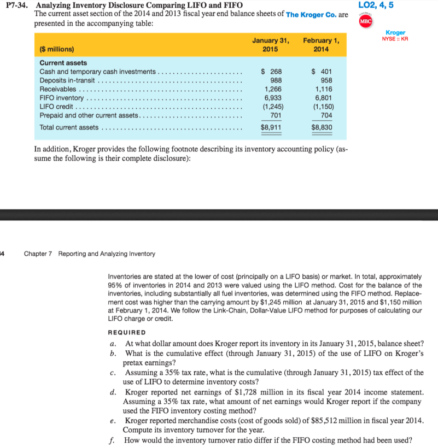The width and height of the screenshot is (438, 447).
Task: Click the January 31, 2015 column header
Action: pyautogui.click(x=271, y=44)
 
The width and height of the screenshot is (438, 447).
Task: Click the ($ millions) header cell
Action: pyautogui.click(x=57, y=49)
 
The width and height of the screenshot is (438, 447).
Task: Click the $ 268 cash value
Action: pyautogui.click(x=272, y=72)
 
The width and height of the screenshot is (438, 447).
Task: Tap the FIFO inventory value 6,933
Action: pyautogui.click(x=273, y=98)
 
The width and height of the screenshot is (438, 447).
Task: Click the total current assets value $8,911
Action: pyautogui.click(x=272, y=127)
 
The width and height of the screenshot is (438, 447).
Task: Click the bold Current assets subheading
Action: pyautogui.click(x=63, y=63)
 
